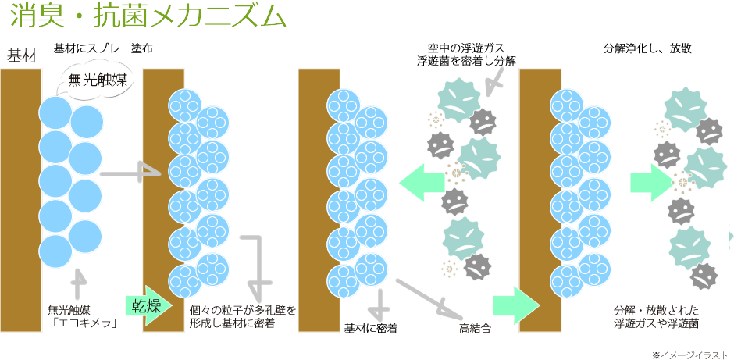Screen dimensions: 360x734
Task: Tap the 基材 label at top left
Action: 21,56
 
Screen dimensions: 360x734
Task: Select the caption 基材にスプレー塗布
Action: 102,48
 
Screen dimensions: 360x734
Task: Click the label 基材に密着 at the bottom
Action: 371,329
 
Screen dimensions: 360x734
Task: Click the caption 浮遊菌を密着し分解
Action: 466,61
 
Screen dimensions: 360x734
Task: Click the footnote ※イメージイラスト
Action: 690,354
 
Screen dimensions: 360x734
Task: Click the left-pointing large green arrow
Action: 421,183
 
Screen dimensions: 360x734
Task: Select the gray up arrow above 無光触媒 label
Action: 77,283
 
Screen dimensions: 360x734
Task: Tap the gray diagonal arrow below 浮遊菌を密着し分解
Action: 493,84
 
